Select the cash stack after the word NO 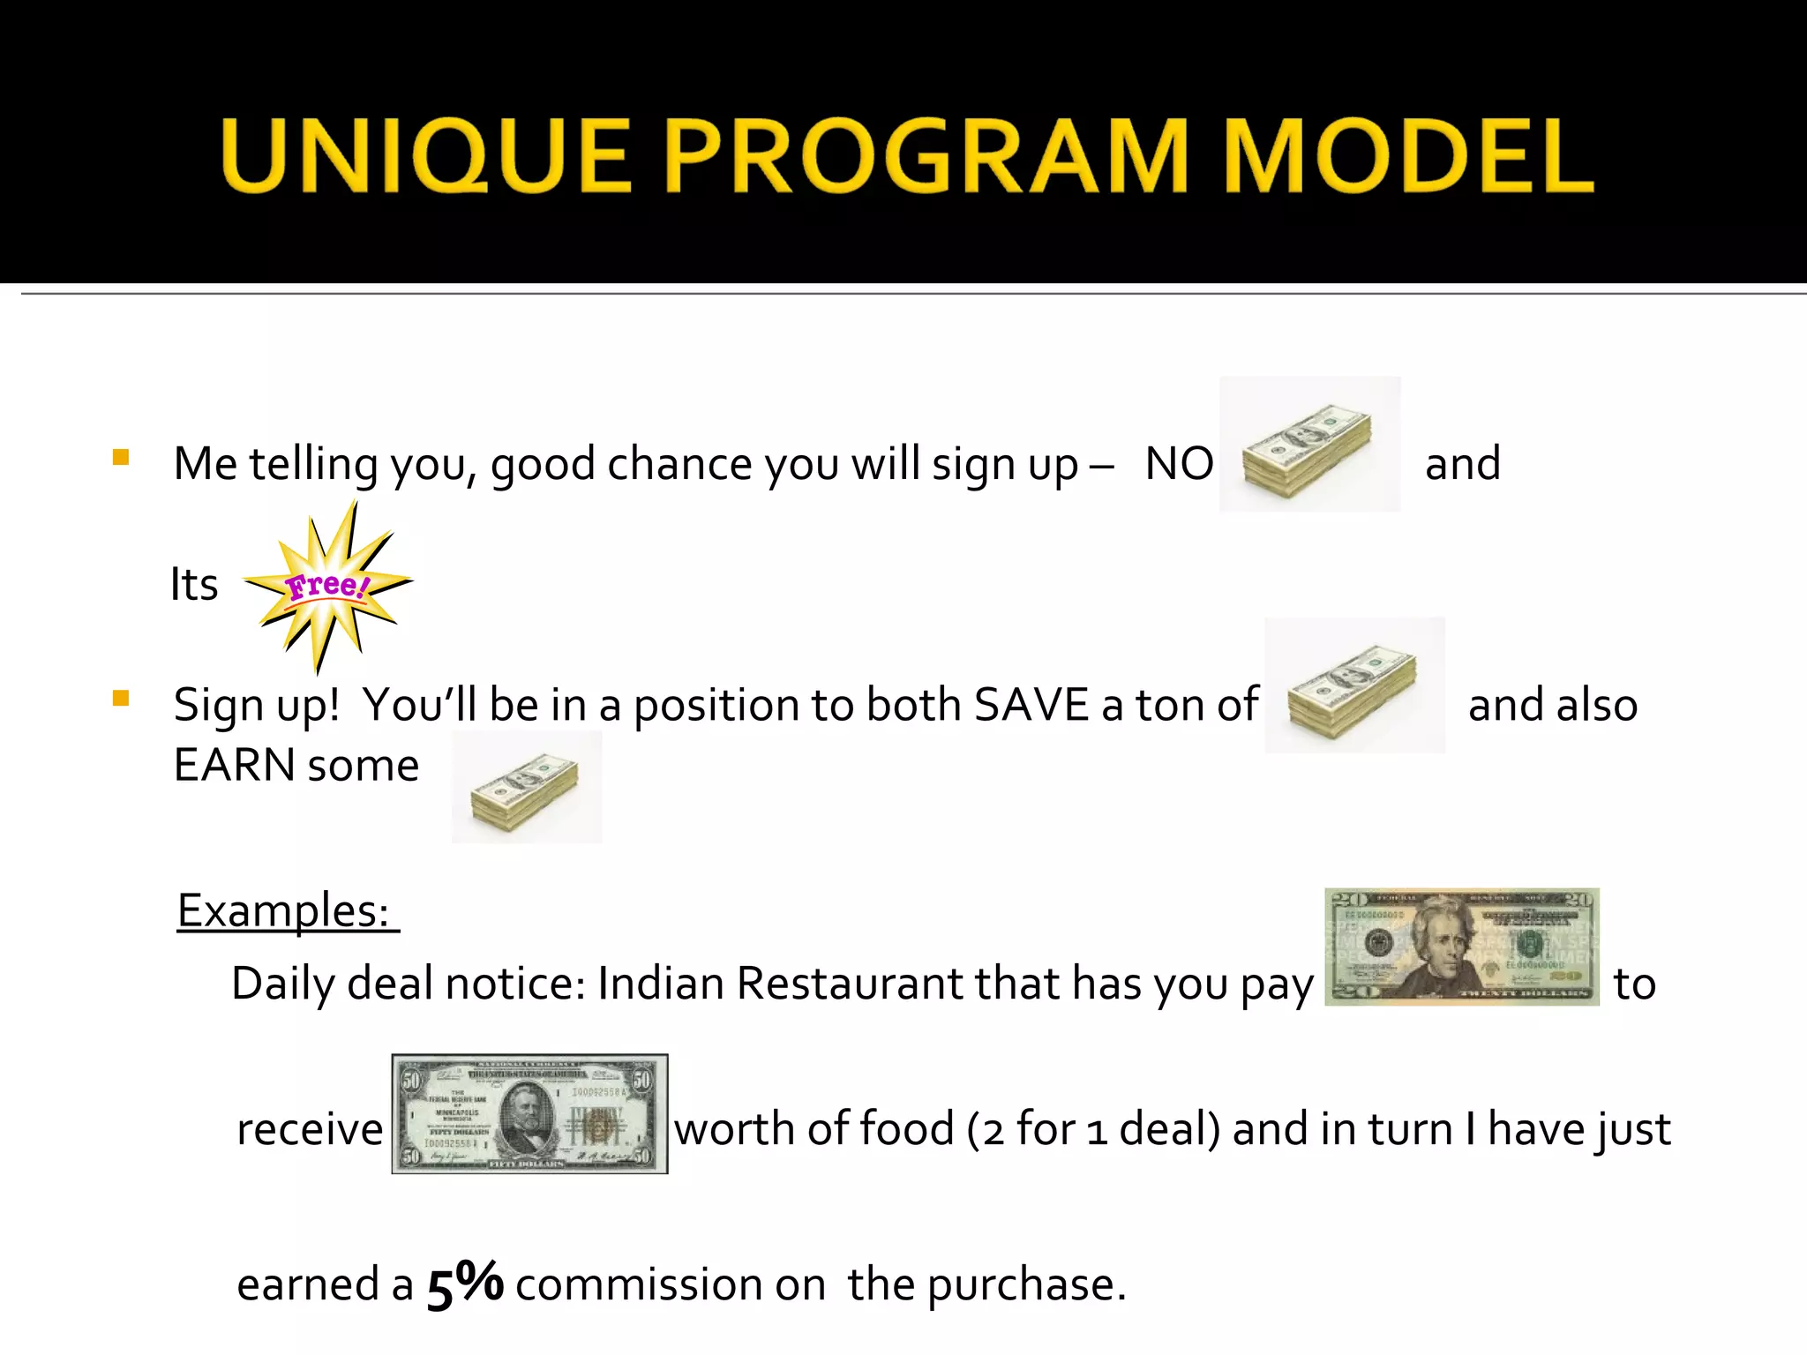click(1308, 445)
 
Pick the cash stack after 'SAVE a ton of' click(1354, 685)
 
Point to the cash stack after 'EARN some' click(527, 787)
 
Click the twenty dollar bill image click(1461, 947)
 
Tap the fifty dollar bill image click(529, 1113)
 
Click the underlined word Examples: click(284, 910)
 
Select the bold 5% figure click(465, 1284)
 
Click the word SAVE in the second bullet click(1031, 705)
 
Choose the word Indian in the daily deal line click(660, 984)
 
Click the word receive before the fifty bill click(310, 1130)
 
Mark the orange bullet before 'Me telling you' click(121, 457)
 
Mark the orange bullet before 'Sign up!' click(121, 700)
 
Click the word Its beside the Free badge click(194, 585)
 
